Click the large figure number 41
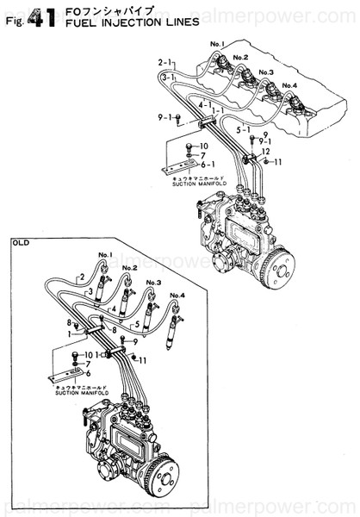tap(43, 16)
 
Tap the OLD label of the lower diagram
tap(22, 244)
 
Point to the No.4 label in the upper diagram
tap(288, 85)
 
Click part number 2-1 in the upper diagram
tap(166, 62)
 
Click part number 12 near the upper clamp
tap(266, 152)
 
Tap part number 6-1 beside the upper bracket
tap(208, 164)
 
